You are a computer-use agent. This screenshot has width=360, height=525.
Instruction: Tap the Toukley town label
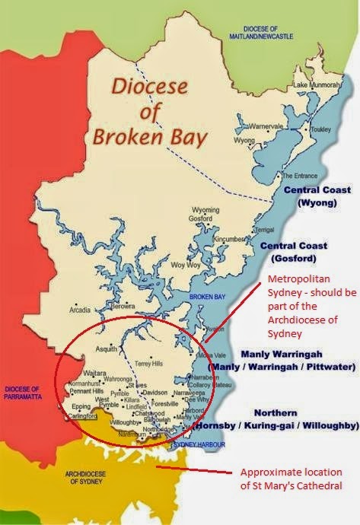(x=314, y=130)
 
